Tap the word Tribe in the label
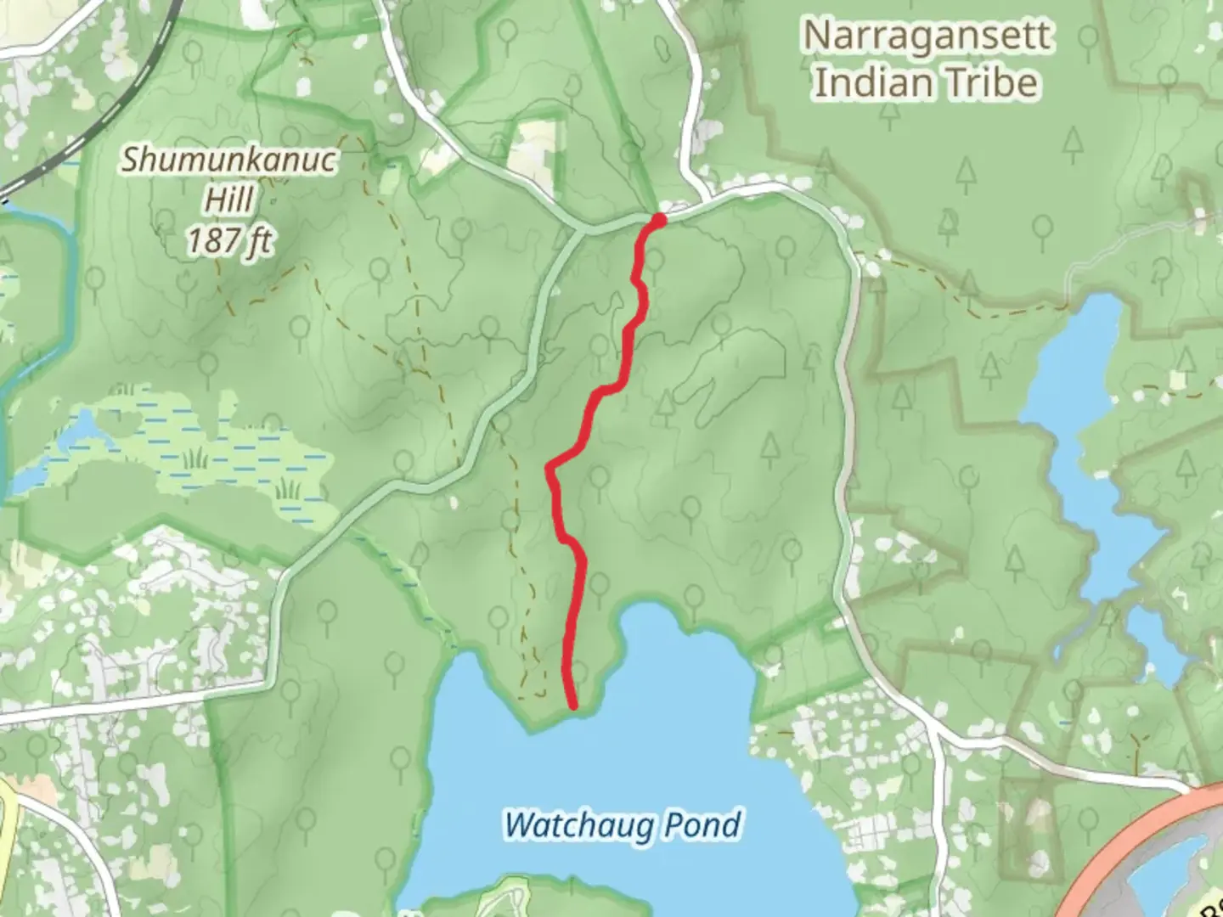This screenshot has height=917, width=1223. coord(999,83)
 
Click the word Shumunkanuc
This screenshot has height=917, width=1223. coord(228,160)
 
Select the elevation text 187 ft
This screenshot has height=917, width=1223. coord(228,241)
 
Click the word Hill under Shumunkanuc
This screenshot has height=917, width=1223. coord(229,200)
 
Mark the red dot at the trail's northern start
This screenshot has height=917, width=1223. coord(658,221)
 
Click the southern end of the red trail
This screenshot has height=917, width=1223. coord(573,705)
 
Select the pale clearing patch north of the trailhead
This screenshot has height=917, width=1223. coord(535,149)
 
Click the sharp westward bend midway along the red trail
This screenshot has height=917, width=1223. coord(550,468)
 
